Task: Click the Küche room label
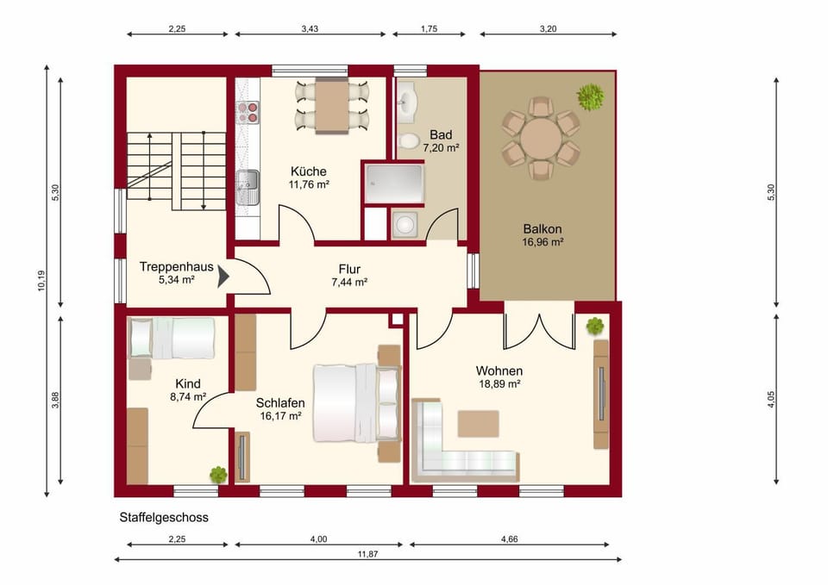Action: click(309, 171)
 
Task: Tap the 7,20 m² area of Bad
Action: click(441, 148)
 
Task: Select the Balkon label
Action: click(543, 229)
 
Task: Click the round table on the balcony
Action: click(541, 138)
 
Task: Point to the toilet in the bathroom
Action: click(409, 140)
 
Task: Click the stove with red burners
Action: click(248, 112)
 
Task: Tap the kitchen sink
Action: click(248, 187)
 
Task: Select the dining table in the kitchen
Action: click(331, 105)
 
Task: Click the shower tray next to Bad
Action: click(394, 184)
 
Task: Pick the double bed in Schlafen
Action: click(357, 402)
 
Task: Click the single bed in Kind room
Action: click(172, 338)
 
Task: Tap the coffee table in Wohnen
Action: click(478, 424)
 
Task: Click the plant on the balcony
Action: click(590, 97)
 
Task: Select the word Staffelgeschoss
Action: click(164, 518)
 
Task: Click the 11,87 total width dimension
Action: click(367, 554)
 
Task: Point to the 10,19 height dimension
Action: click(41, 281)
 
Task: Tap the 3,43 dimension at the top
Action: click(310, 29)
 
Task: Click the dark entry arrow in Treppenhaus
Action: click(223, 277)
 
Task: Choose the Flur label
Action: click(349, 269)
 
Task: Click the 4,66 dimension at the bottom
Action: click(510, 539)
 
